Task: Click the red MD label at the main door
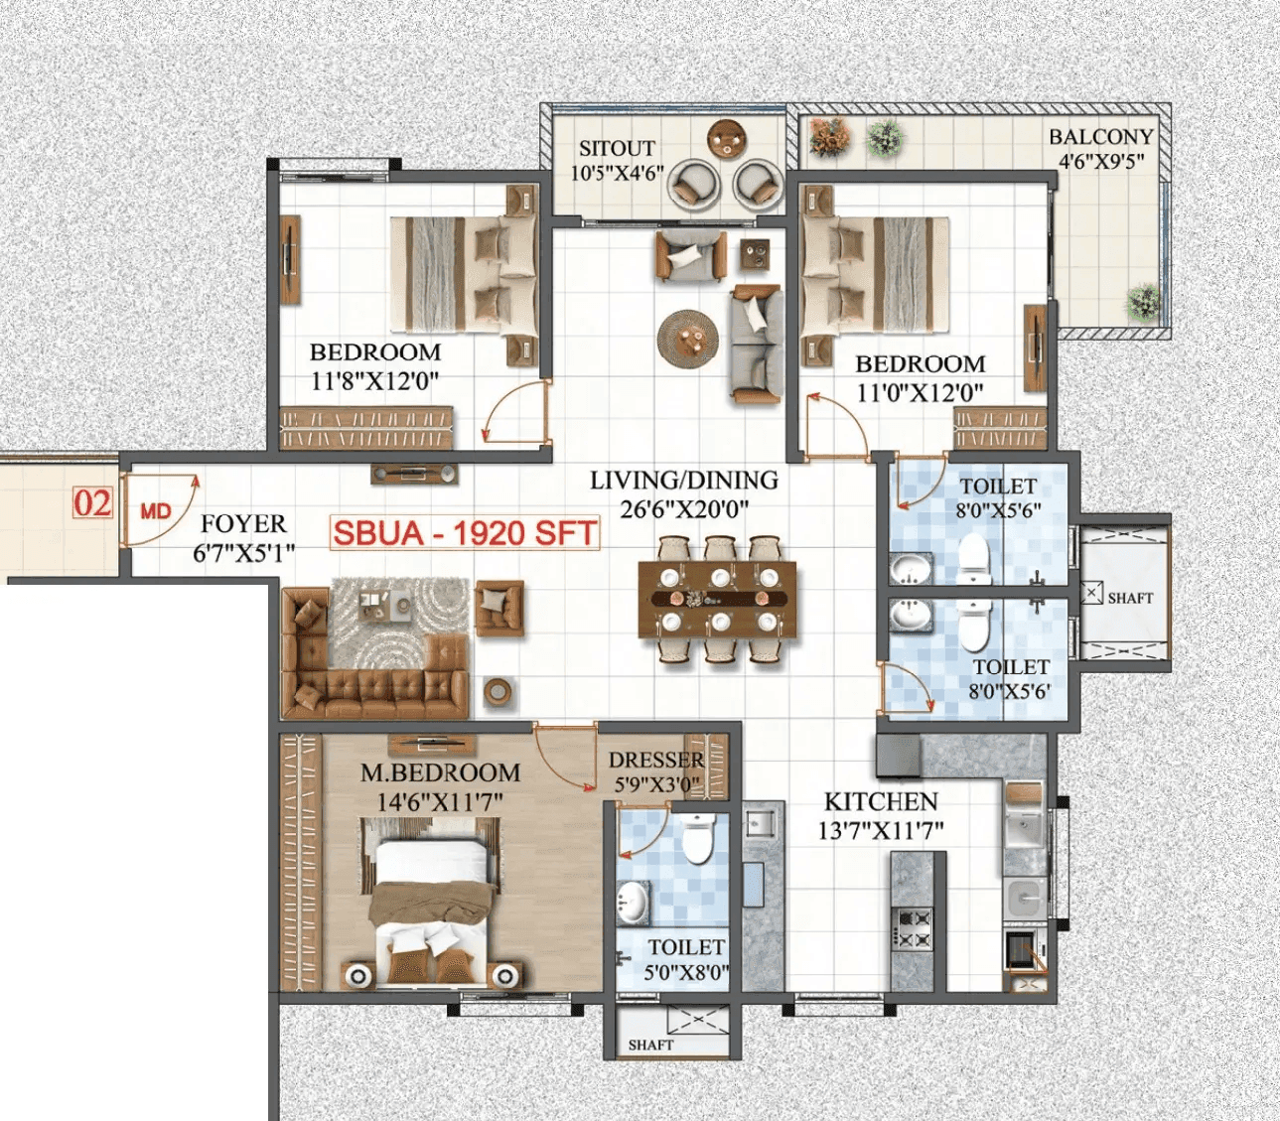155,511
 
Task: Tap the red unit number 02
92,503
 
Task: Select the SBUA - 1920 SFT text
465,533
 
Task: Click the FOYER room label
243,523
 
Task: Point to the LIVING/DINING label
684,481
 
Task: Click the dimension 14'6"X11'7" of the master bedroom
440,801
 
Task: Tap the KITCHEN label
881,801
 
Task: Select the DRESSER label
656,760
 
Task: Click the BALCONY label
1101,137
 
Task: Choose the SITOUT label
617,148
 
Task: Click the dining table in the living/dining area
717,599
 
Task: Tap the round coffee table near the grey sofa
688,338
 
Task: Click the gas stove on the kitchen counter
914,929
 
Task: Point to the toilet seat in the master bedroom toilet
698,839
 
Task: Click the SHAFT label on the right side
1130,598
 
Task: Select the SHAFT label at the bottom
650,1045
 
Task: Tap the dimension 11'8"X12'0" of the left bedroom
374,381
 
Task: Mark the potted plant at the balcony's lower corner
1144,300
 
